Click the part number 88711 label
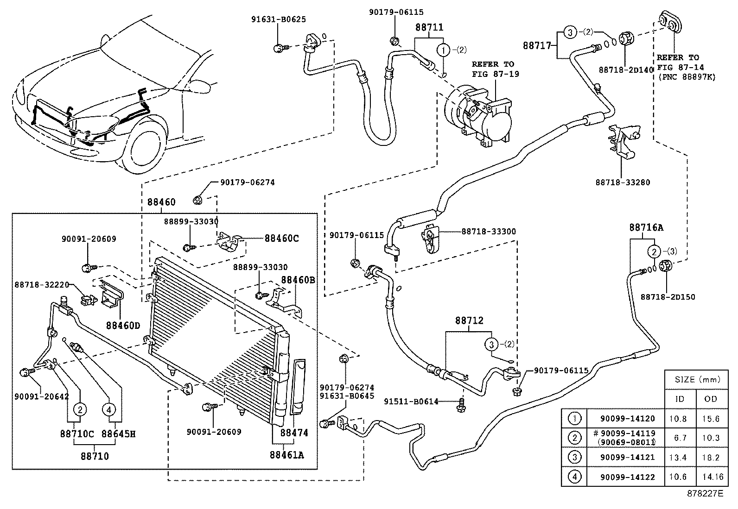tap(429, 27)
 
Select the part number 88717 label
tap(537, 45)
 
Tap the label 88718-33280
tap(623, 182)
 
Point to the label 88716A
tap(646, 227)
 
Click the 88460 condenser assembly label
tap(161, 202)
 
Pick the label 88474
tap(294, 433)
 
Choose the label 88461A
tap(286, 455)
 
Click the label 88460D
tap(123, 326)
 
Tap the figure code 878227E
tap(705, 493)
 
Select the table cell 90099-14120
tap(627, 419)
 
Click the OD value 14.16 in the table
tap(713, 477)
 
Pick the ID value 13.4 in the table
tap(678, 457)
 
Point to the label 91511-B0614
tap(411, 402)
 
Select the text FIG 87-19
tap(496, 74)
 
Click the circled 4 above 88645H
tap(109, 410)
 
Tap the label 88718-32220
tap(42, 284)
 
